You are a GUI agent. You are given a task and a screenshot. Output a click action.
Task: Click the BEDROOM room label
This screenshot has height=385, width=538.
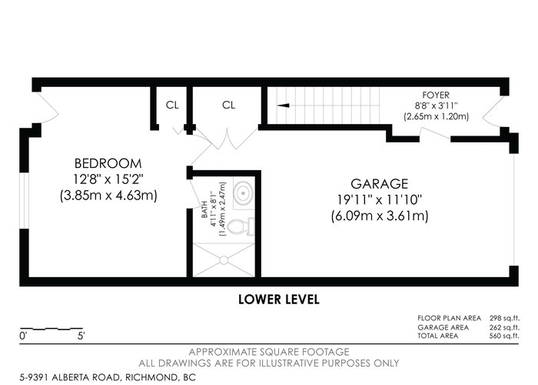(108, 163)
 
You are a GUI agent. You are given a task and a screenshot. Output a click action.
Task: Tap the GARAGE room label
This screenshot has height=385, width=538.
(380, 184)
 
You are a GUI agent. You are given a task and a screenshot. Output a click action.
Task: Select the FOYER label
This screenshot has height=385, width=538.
(436, 95)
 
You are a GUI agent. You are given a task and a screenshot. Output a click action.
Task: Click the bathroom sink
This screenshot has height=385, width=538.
(244, 192)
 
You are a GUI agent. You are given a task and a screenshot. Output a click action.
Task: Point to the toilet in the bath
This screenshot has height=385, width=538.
(241, 226)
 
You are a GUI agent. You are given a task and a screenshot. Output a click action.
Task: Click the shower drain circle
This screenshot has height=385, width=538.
(224, 260)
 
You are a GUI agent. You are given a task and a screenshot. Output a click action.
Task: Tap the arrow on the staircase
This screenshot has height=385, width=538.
(283, 105)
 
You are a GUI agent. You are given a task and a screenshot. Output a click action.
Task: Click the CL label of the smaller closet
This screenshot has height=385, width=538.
(172, 105)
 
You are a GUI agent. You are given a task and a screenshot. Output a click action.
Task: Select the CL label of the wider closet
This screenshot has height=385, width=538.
(228, 105)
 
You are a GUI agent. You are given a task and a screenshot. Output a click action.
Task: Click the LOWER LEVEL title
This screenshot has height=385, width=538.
(279, 300)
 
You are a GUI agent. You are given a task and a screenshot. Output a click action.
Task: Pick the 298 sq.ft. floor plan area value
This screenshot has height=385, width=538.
(504, 318)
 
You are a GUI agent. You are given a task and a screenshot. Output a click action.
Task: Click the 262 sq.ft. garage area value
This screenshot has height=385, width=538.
(504, 327)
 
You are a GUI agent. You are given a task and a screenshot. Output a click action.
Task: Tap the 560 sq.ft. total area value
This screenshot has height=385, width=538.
(504, 336)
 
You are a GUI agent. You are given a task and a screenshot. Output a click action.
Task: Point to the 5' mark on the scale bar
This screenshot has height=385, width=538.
(81, 336)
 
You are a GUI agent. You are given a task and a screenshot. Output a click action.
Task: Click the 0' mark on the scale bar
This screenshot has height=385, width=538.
(23, 336)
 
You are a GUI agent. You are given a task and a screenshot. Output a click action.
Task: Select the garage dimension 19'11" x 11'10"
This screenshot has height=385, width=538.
(380, 199)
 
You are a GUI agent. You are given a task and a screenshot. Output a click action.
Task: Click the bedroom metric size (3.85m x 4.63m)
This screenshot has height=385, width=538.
(108, 196)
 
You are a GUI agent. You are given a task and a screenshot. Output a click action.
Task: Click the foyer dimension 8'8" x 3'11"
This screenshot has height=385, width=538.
(436, 105)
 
